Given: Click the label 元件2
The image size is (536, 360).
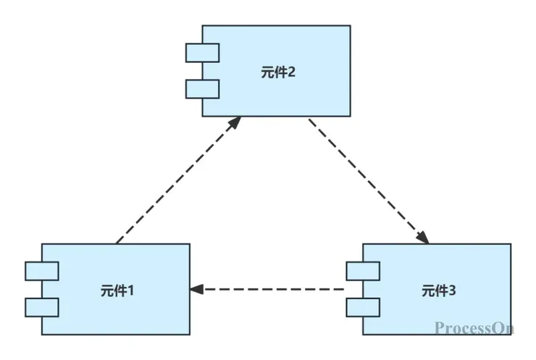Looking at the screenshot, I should [277, 72].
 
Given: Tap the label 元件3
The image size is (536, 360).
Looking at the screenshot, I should [438, 290].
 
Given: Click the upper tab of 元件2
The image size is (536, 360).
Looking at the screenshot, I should [202, 53].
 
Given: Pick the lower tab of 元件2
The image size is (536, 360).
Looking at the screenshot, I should [202, 88].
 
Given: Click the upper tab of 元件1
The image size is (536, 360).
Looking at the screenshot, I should [41, 271].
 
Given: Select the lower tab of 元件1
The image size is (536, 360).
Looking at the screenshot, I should [41, 307].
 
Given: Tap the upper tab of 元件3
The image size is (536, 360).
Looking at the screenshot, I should [362, 271].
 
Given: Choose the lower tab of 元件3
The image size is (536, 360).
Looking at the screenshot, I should [362, 307].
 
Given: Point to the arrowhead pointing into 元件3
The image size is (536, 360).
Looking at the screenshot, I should [424, 237].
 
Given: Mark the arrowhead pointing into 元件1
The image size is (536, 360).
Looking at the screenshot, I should [196, 290].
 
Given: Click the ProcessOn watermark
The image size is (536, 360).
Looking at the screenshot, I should [474, 328].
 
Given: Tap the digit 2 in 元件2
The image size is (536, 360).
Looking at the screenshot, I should [291, 72].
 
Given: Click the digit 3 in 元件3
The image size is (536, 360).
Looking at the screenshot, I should [452, 290].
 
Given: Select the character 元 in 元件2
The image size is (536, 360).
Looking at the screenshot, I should [266, 72].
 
